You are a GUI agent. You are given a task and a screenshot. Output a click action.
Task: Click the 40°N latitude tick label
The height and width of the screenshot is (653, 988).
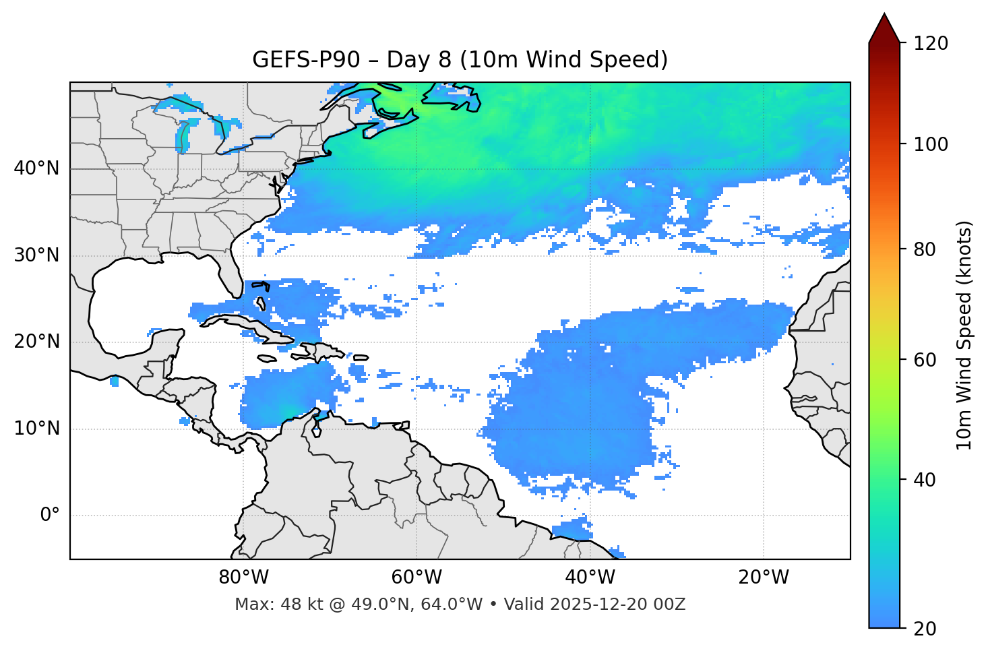click(36, 168)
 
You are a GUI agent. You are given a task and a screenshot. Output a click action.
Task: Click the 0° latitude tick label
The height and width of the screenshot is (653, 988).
click(49, 516)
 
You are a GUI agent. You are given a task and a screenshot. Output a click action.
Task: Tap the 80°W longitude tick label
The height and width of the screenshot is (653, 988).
click(243, 578)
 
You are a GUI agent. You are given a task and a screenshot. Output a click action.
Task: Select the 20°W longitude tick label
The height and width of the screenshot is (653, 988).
click(764, 578)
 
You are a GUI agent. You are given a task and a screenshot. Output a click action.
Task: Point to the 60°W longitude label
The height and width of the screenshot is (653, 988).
click(416, 578)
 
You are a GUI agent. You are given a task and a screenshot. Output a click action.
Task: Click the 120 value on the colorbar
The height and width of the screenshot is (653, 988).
click(931, 44)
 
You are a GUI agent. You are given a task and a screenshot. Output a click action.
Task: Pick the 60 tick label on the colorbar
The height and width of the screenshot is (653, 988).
click(925, 360)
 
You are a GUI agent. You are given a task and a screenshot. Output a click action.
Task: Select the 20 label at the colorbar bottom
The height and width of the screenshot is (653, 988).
click(925, 629)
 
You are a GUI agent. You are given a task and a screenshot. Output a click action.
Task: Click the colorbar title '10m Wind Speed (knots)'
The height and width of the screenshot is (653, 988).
click(964, 335)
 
